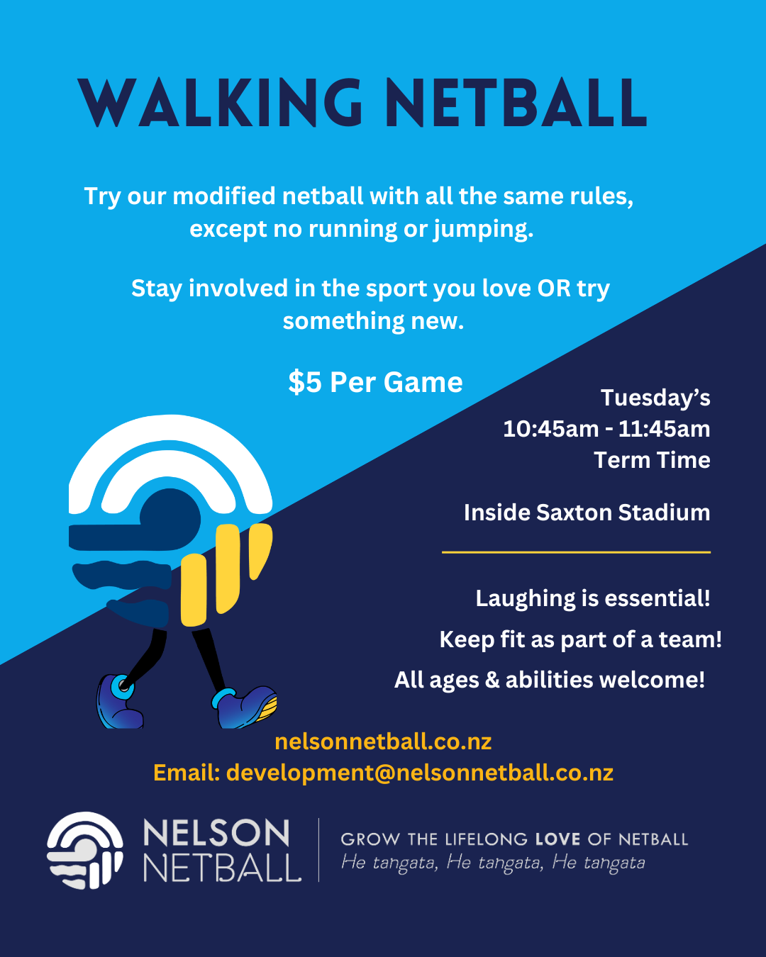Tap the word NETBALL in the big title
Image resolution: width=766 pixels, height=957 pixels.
click(517, 103)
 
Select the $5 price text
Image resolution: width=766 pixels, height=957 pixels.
click(305, 382)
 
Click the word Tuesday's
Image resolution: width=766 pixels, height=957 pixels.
click(655, 398)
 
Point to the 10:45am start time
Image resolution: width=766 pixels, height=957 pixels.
click(551, 429)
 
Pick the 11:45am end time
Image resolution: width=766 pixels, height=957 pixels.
click(664, 429)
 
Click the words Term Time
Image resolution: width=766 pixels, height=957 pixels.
click(652, 460)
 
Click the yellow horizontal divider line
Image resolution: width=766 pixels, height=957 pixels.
click(576, 552)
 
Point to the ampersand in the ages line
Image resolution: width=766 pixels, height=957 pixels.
click(492, 680)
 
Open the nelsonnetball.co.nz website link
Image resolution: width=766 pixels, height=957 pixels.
click(383, 741)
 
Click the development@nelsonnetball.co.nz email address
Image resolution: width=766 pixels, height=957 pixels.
click(420, 773)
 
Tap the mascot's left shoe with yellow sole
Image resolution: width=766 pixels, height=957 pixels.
click(245, 706)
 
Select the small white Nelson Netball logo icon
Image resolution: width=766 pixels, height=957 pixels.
click(85, 850)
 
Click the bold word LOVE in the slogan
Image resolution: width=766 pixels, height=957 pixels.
click(557, 839)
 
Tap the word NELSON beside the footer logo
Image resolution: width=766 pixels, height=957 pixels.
click(216, 833)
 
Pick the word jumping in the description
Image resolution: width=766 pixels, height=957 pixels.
click(484, 230)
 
